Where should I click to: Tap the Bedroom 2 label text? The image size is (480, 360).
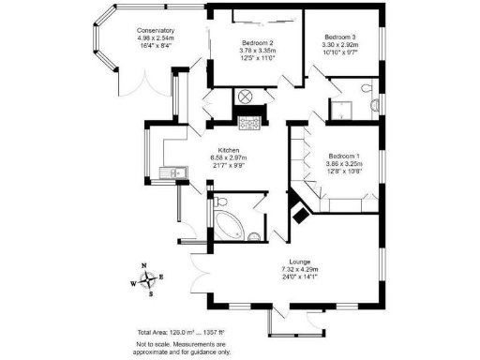(x=257, y=43)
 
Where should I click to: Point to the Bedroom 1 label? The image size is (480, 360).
(x=345, y=156)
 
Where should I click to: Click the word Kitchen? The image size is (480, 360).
(x=231, y=150)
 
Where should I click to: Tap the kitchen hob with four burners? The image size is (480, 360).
(x=249, y=122)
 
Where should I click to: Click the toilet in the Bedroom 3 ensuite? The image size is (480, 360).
(x=374, y=103)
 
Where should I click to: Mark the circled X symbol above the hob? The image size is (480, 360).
(x=247, y=97)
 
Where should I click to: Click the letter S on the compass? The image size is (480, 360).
(x=151, y=292)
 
